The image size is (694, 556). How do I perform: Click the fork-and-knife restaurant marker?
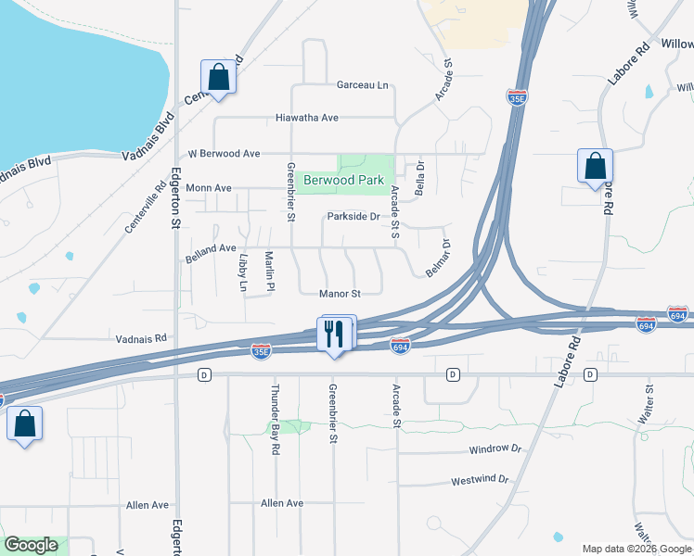[335, 334]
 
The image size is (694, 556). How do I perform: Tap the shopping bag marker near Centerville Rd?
[219, 77]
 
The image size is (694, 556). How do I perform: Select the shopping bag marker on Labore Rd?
[595, 166]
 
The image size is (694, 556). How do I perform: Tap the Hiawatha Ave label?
[307, 118]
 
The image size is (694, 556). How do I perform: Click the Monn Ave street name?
[209, 187]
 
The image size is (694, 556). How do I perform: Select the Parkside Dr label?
[353, 217]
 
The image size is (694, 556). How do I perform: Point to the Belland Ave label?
[212, 248]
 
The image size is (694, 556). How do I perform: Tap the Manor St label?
[339, 294]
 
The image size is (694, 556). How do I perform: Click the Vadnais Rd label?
[140, 338]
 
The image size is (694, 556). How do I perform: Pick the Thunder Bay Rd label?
[275, 419]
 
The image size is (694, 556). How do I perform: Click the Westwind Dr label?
[481, 480]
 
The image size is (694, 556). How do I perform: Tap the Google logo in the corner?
[31, 546]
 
